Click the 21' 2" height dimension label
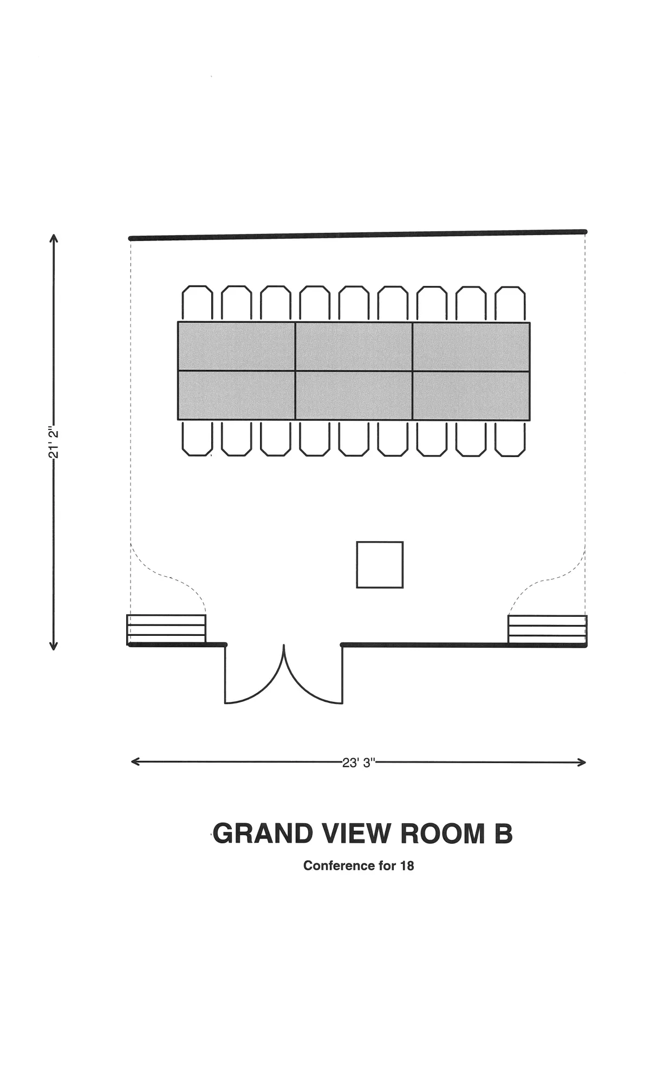click(53, 442)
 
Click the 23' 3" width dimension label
click(359, 763)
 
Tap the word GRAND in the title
click(263, 833)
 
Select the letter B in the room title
click(503, 834)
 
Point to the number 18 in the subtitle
click(407, 865)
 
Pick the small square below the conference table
click(380, 564)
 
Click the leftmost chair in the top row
click(197, 303)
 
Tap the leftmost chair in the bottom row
click(197, 438)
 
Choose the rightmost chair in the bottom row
click(510, 439)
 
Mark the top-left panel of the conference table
click(237, 346)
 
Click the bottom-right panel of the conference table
click(471, 396)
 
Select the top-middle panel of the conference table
click(354, 347)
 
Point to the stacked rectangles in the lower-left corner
click(166, 629)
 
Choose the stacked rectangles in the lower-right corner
click(548, 629)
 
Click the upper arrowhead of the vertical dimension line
click(53, 238)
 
